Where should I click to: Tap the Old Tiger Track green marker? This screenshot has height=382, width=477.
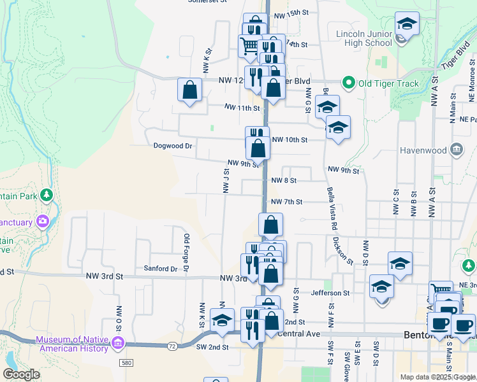click(348, 83)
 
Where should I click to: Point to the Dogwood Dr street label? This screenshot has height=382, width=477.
click(173, 146)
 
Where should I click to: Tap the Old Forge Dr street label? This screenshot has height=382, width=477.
click(186, 253)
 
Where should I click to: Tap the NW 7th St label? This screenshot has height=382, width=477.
click(286, 202)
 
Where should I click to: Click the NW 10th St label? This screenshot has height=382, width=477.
click(290, 139)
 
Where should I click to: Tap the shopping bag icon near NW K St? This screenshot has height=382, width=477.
click(190, 90)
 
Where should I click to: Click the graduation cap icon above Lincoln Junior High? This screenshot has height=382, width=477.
click(407, 25)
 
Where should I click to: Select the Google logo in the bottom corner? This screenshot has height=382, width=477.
click(21, 374)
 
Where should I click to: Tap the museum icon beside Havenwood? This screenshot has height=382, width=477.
click(457, 150)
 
